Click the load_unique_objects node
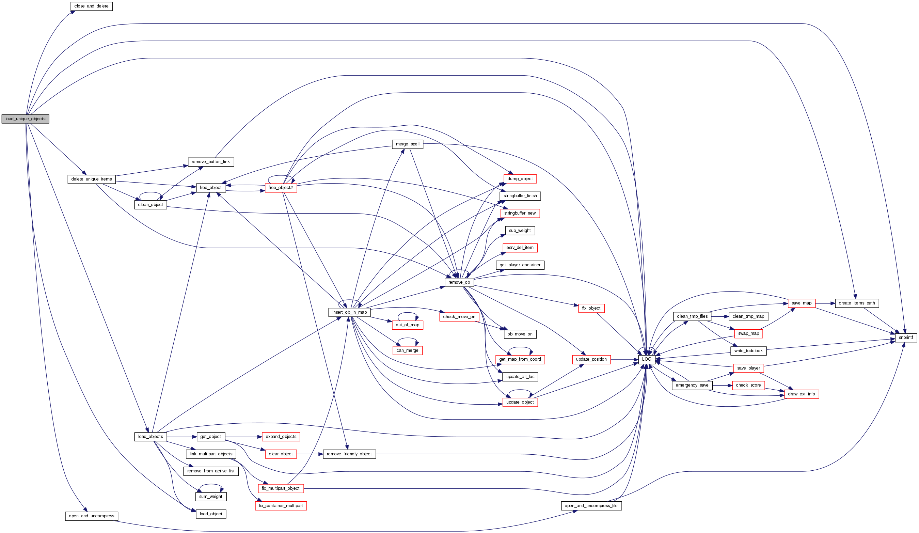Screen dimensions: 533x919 tap(25, 119)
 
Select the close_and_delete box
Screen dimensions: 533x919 tap(91, 6)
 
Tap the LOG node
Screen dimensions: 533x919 tap(646, 359)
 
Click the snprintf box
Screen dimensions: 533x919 tap(905, 338)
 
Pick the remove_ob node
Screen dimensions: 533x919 tap(459, 282)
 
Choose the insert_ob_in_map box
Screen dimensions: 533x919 tap(349, 312)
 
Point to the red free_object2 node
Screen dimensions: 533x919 tap(281, 188)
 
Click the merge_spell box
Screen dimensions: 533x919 tap(407, 144)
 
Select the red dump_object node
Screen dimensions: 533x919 tap(520, 179)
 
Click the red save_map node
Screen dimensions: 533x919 tap(801, 303)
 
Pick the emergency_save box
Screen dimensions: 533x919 tap(692, 385)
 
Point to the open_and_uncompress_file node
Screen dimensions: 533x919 tap(591, 506)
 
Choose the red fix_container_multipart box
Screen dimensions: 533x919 tap(281, 506)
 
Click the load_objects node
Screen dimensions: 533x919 tap(150, 437)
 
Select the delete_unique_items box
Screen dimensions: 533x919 tap(91, 179)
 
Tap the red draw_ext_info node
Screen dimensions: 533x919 tap(801, 394)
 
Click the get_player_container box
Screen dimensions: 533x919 tap(520, 265)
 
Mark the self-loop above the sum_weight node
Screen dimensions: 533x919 tap(211, 485)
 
